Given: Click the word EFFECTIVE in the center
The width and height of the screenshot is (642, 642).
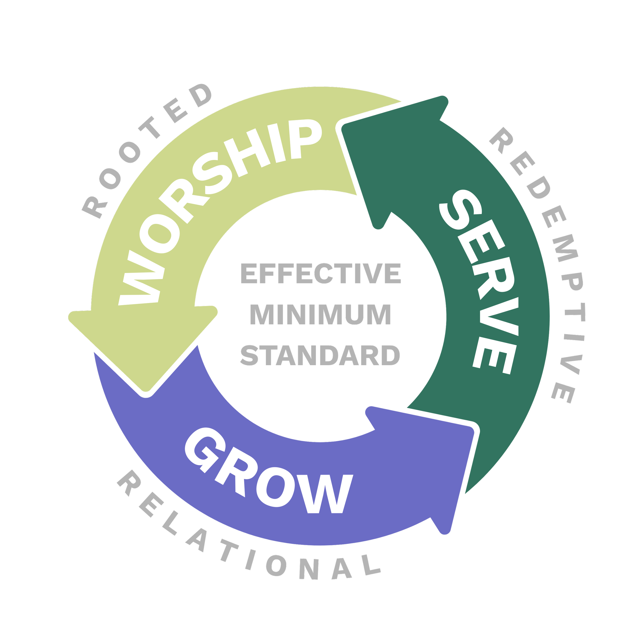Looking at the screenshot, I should [x=321, y=274].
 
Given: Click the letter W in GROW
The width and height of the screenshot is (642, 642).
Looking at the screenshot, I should [x=324, y=495].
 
